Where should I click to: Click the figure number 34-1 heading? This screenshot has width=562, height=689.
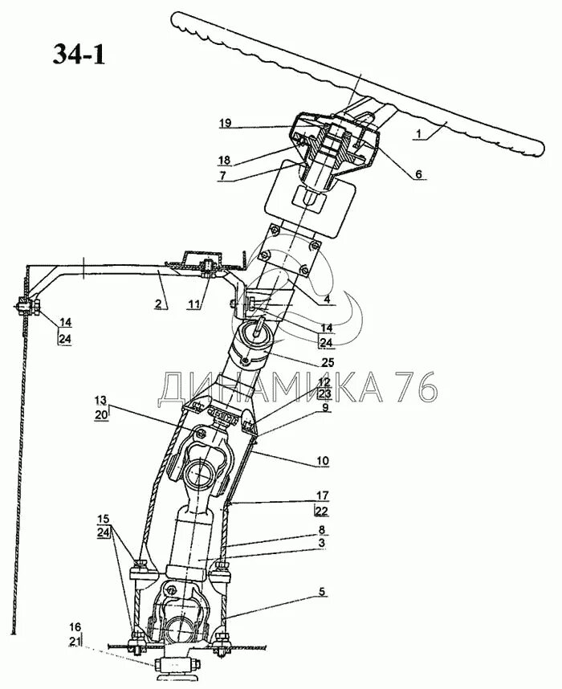[78, 54]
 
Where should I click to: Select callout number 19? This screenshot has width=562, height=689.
[225, 124]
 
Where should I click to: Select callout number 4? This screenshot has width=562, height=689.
[328, 300]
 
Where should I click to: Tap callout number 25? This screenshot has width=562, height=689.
[328, 362]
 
